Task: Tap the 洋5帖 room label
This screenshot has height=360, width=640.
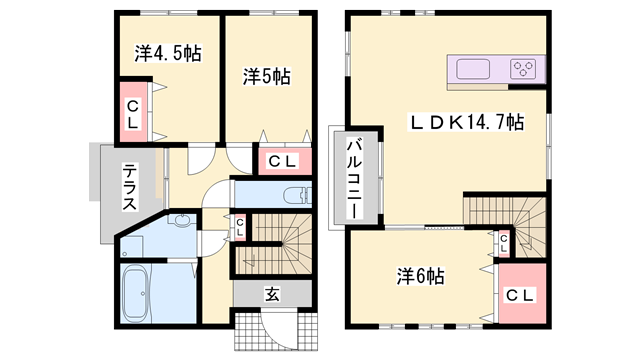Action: click(266, 75)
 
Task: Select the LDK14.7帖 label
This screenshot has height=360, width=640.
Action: click(466, 123)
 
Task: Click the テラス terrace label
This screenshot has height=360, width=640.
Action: click(131, 186)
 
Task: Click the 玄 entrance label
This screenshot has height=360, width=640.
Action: click(272, 294)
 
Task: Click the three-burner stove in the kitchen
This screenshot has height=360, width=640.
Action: click(523, 69)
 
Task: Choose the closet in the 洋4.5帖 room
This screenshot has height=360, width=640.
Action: click(131, 112)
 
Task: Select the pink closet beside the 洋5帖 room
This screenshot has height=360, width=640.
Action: click(281, 160)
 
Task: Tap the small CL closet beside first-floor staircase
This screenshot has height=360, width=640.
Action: click(238, 226)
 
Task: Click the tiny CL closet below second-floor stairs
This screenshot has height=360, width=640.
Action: click(505, 240)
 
